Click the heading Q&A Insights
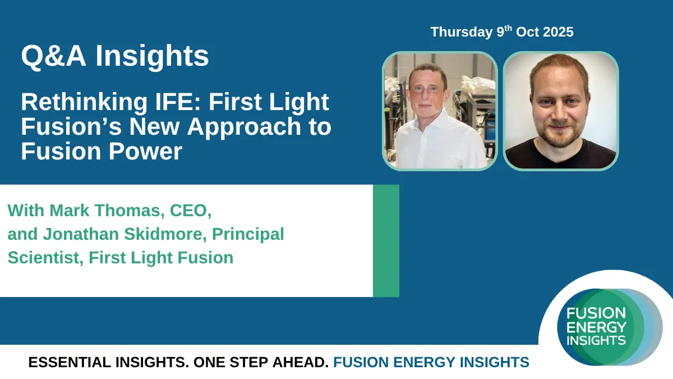115,56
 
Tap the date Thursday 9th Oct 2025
502,31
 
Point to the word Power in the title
145,151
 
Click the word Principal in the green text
248,235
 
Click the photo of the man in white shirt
440,111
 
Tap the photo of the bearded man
561,111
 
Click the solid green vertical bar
386,241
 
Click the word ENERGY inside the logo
596,327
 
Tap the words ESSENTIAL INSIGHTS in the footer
108,362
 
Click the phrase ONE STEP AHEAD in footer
261,362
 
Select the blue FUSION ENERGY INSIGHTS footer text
431,362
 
